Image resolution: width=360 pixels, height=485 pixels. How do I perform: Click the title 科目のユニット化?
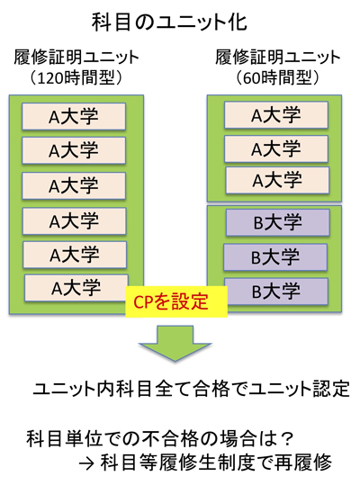pos(169,22)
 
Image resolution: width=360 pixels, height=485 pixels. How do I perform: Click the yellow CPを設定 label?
pos(176,301)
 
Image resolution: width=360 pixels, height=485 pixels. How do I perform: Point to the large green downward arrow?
pos(175,343)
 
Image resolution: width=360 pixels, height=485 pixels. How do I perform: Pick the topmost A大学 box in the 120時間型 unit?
pos(74,117)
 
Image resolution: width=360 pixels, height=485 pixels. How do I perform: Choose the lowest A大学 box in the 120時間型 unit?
pos(76,288)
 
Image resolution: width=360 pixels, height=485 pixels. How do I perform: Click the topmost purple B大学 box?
pos(278,222)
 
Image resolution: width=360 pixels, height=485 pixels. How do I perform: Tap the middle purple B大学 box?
pos(275,257)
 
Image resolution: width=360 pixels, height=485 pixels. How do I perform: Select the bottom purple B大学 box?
pos(276,292)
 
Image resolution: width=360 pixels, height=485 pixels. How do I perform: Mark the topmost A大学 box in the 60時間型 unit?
pos(276,115)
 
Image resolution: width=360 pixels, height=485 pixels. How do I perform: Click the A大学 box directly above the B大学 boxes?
pos(277,180)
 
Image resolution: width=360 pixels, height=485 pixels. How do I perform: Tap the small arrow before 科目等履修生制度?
pos(86,463)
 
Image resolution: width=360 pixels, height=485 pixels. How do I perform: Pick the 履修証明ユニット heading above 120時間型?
pos(76,58)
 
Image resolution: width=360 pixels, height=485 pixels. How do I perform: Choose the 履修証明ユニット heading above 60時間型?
pos(278,58)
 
